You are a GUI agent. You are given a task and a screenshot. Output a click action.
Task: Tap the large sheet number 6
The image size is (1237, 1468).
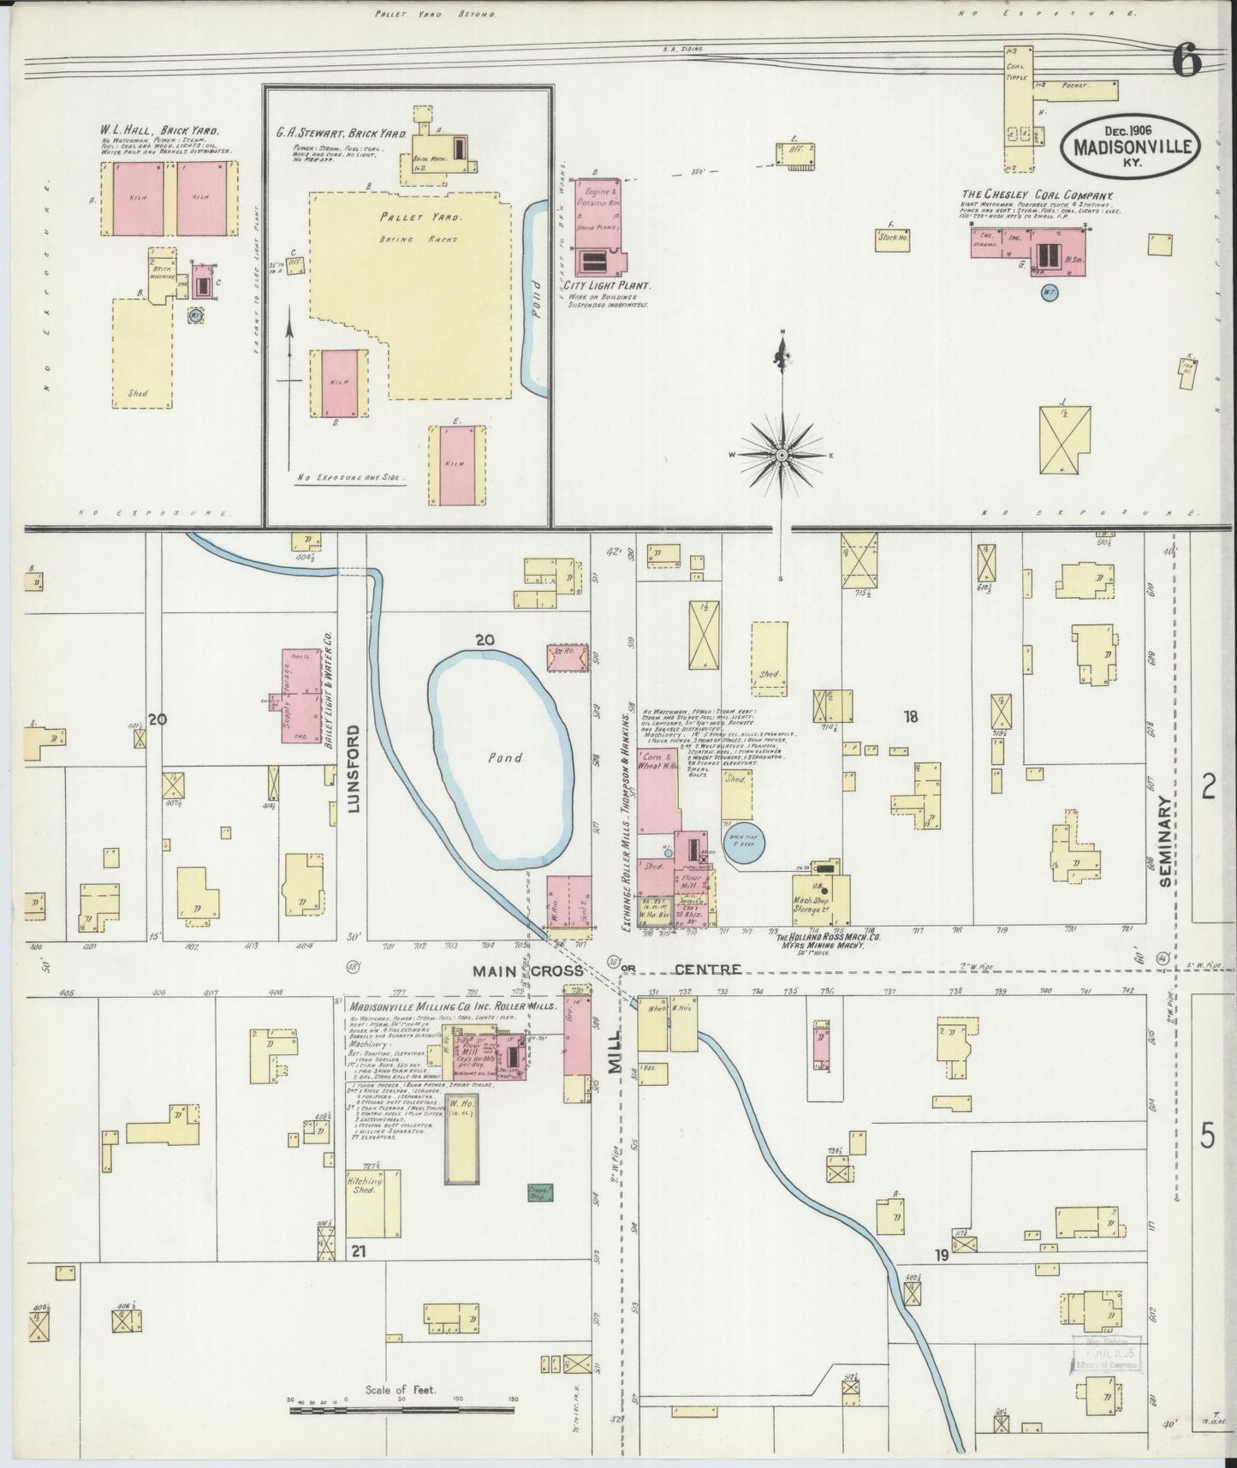click(1188, 62)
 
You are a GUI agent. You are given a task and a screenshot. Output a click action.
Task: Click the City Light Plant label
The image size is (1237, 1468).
click(609, 285)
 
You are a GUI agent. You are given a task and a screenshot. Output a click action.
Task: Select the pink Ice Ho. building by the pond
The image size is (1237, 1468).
click(565, 658)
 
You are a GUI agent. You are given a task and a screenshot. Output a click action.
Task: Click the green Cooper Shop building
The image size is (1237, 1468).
click(539, 1191)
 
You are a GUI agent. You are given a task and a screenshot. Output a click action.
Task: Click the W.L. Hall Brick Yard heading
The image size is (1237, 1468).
click(158, 132)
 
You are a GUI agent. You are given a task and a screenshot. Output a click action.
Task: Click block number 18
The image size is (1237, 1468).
click(910, 717)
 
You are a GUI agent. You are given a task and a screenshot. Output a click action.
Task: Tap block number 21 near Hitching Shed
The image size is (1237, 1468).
click(358, 1251)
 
